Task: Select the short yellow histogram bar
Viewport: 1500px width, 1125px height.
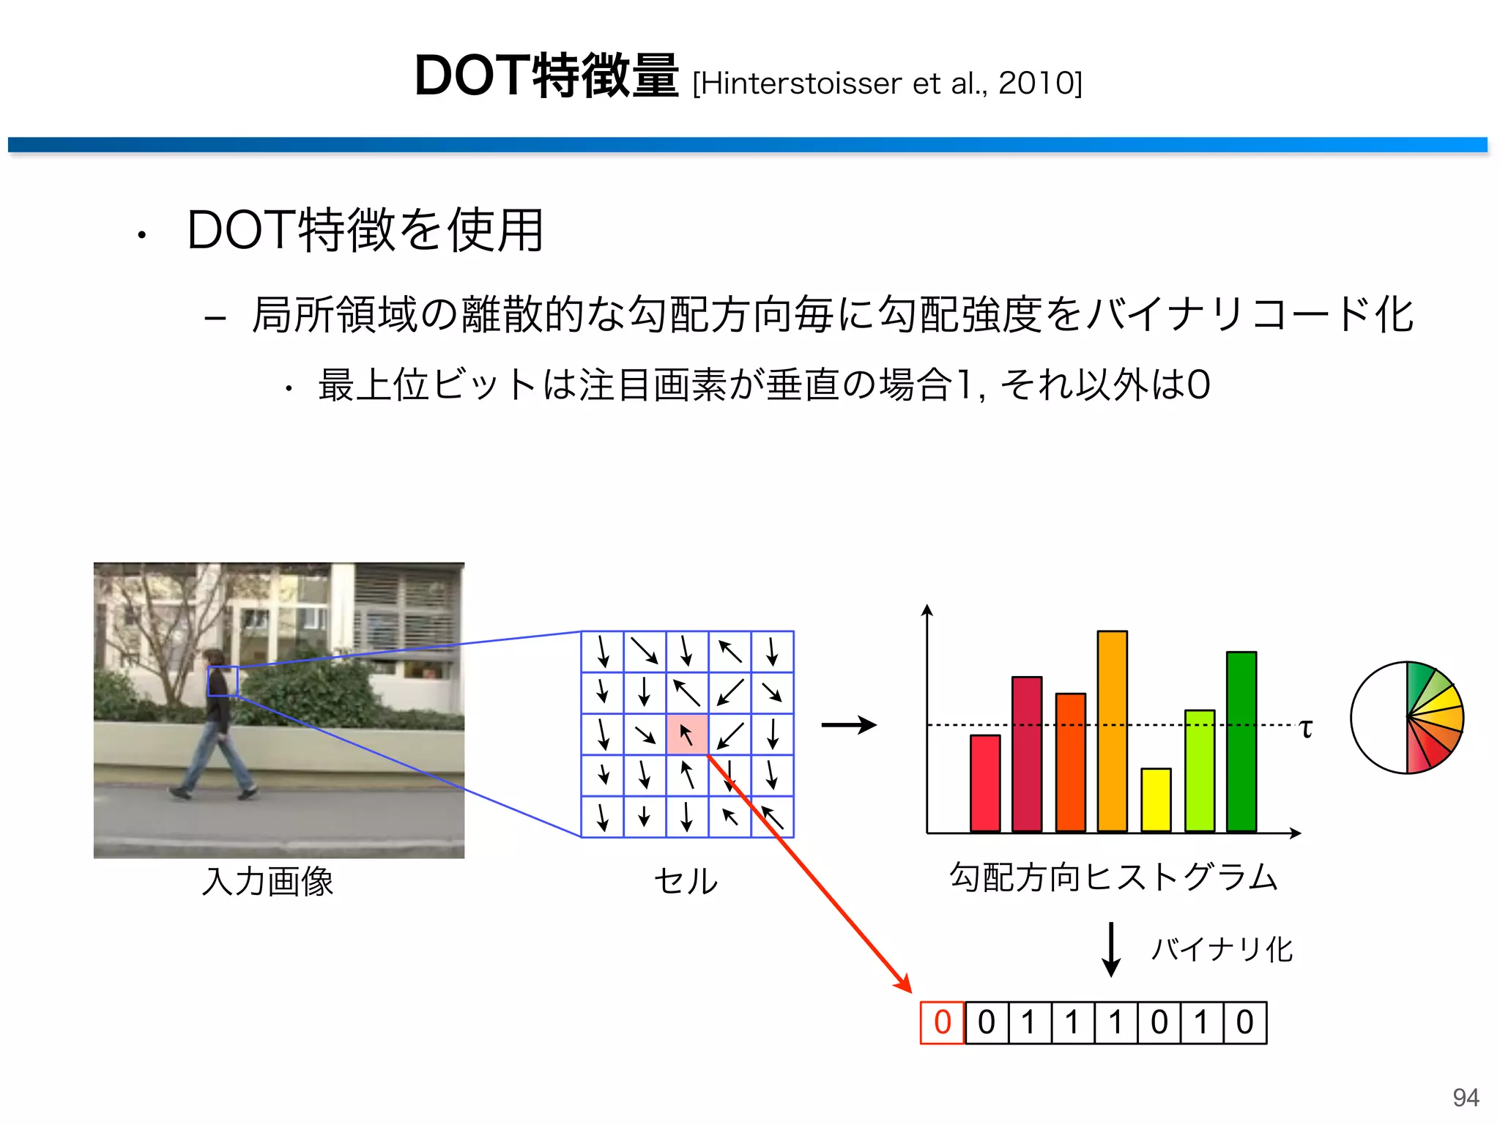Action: [1156, 800]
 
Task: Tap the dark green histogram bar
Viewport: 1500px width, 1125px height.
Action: [1241, 741]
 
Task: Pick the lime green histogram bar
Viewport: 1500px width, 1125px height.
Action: [1199, 771]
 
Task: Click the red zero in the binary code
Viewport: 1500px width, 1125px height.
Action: [943, 1022]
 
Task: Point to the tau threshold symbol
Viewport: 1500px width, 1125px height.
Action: [1306, 729]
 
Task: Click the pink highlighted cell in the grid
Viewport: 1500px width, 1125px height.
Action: [687, 735]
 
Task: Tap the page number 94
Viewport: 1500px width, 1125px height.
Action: [1466, 1097]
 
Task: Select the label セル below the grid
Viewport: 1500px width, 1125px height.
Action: [686, 880]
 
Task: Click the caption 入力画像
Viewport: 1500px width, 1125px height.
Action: [268, 881]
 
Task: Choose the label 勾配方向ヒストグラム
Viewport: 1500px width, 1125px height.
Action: [1113, 877]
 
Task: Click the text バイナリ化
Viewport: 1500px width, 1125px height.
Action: [1222, 949]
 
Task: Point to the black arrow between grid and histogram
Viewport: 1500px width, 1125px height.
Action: [849, 725]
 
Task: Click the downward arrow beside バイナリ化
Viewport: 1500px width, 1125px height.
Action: [1111, 949]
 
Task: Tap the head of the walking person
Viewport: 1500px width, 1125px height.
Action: [213, 658]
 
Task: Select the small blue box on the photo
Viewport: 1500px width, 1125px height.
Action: [223, 681]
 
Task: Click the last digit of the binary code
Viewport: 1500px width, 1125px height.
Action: [1245, 1022]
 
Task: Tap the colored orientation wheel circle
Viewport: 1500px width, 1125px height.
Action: [1407, 718]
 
